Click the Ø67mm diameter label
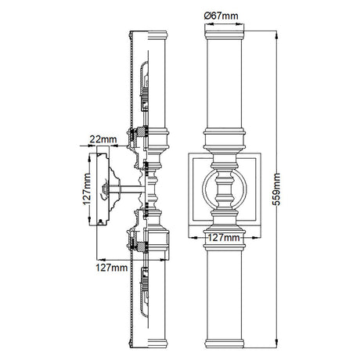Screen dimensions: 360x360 pyautogui.click(x=221, y=16)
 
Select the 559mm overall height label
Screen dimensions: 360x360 pyautogui.click(x=276, y=189)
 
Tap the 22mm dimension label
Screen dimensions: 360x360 pyautogui.click(x=103, y=139)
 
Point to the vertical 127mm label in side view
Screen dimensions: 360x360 pyautogui.click(x=87, y=189)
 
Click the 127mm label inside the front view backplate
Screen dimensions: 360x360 pyautogui.click(x=224, y=238)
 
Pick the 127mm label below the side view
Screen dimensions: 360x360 pyautogui.click(x=112, y=268)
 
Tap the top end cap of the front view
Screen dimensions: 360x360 pyautogui.click(x=225, y=35)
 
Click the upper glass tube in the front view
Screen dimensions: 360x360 pyautogui.click(x=225, y=84)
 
